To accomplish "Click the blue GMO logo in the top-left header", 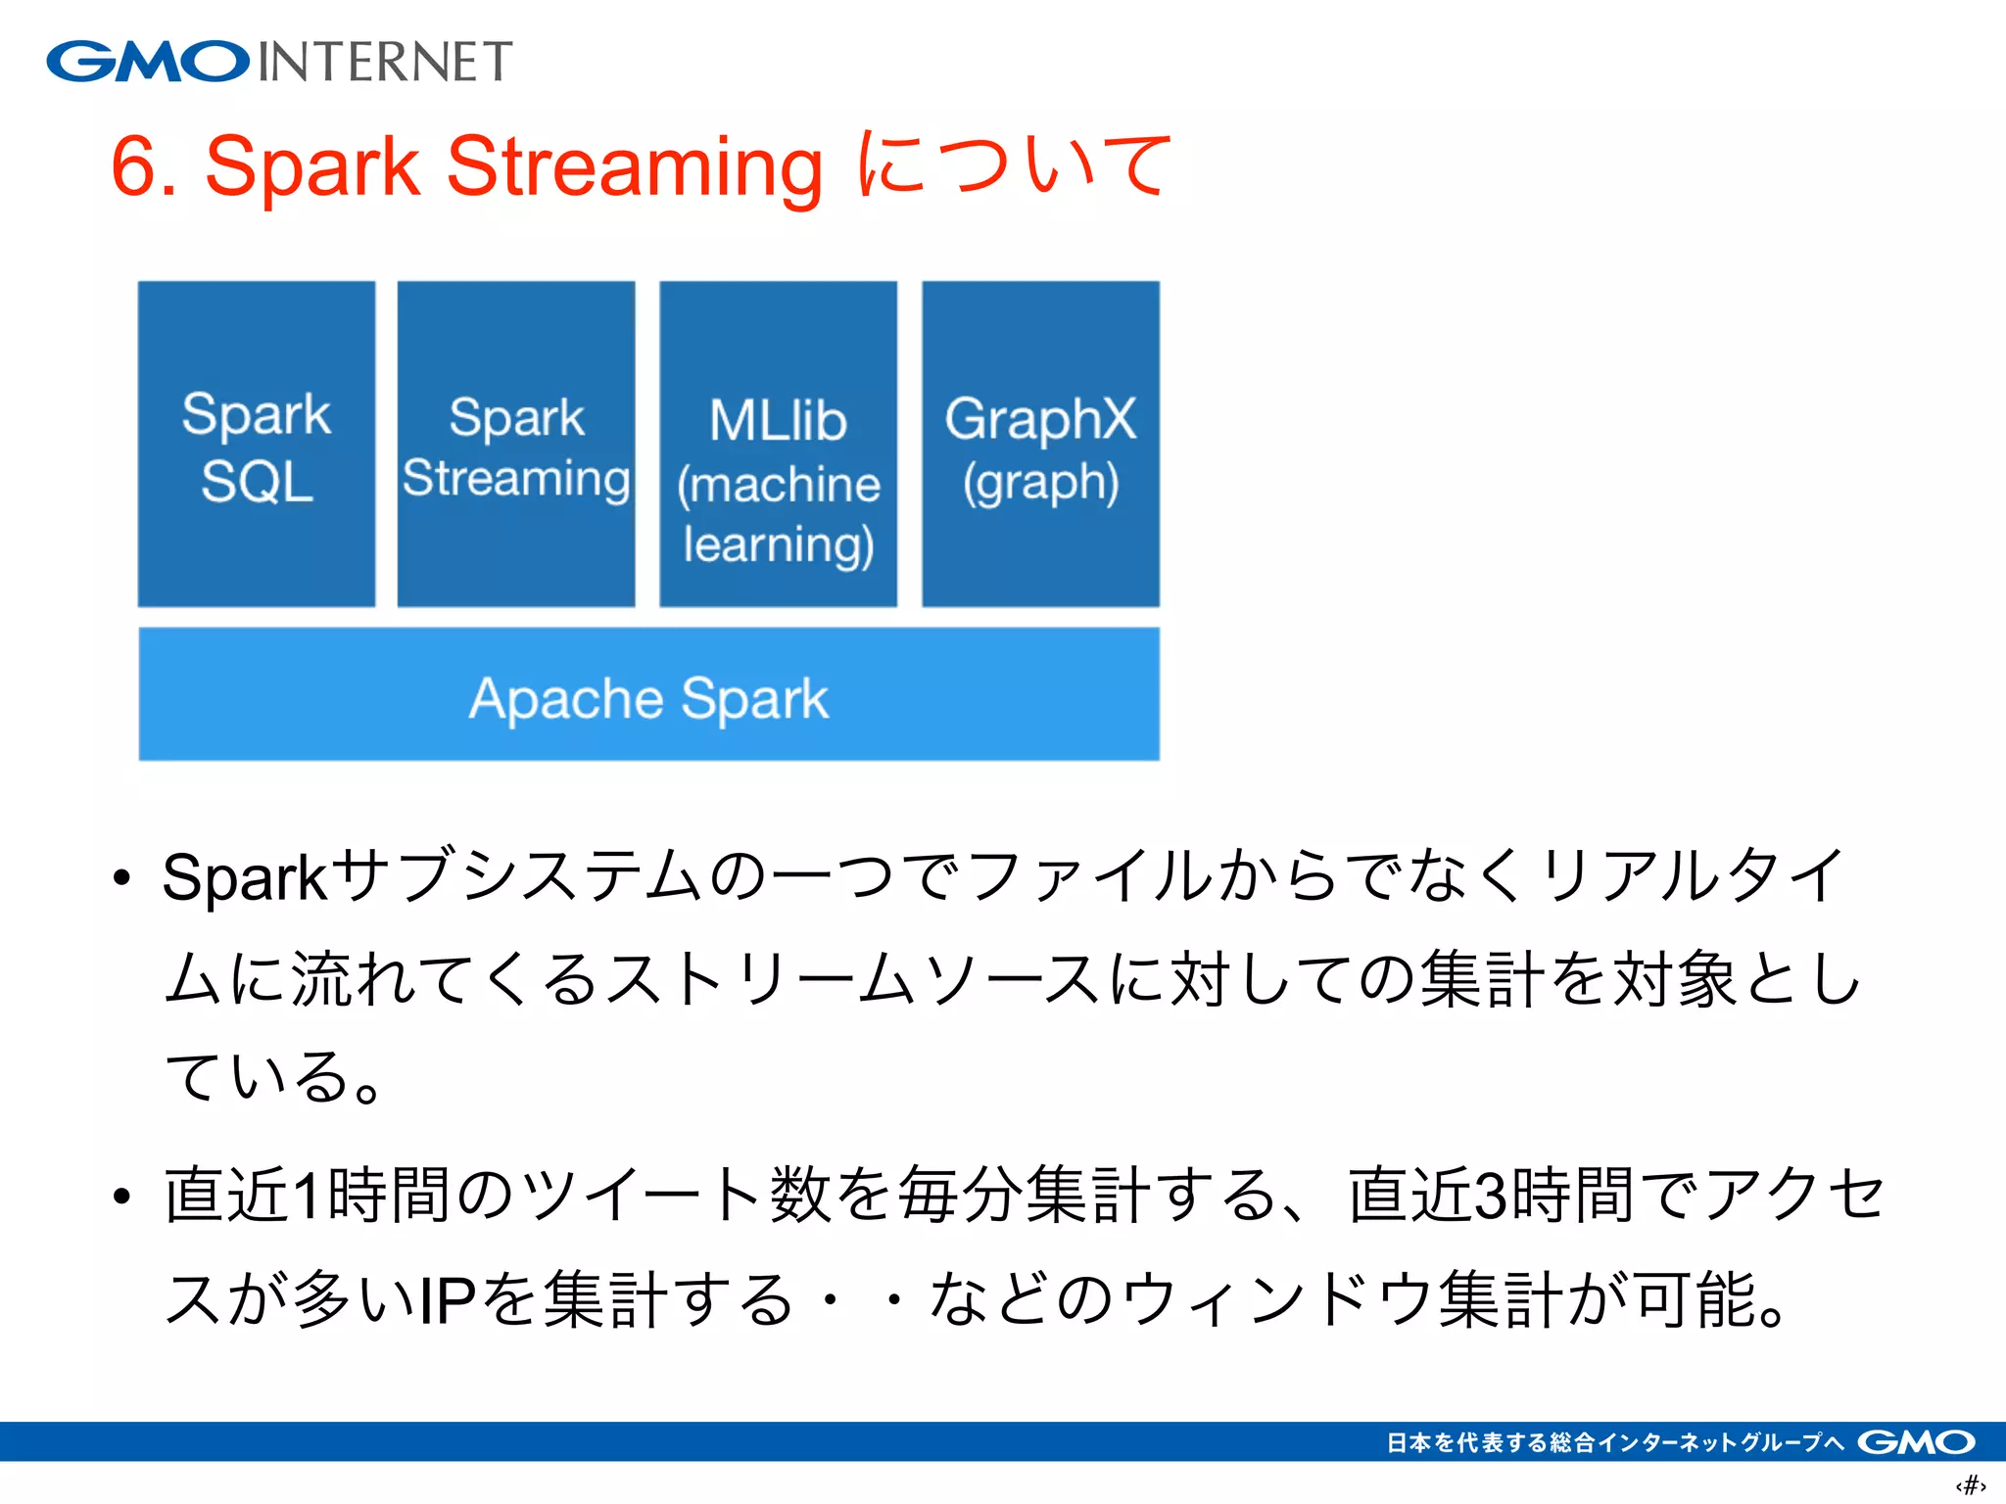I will (x=147, y=62).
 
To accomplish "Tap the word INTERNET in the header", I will (x=385, y=62).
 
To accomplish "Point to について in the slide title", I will (x=1014, y=164).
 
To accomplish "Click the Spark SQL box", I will (x=257, y=444).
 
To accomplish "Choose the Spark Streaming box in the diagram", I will (x=516, y=444).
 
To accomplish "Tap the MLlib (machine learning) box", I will (x=779, y=444).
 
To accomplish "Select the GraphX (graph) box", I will (x=1040, y=444).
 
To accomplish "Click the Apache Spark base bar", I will (x=648, y=694).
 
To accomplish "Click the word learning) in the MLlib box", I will (x=779, y=544).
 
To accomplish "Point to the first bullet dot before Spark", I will (x=121, y=878).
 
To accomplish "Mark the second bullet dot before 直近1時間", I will (x=121, y=1197).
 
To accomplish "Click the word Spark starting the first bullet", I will (x=244, y=877).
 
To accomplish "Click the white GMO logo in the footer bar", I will (x=1916, y=1442).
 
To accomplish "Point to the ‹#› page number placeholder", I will (x=1971, y=1485).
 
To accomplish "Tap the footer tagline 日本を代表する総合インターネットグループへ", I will (x=1615, y=1442).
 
